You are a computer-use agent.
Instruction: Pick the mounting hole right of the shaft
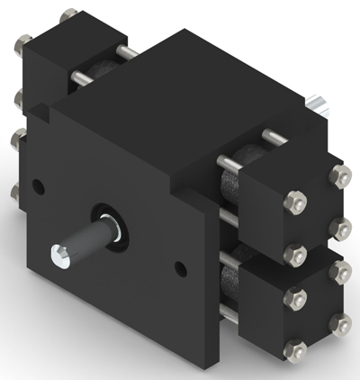coord(182,267)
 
